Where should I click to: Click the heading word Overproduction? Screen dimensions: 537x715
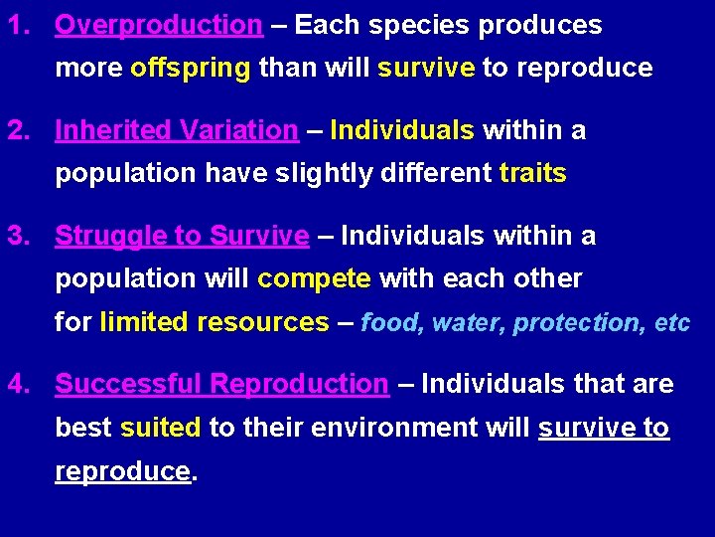(158, 25)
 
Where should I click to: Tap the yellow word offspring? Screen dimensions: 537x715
(190, 69)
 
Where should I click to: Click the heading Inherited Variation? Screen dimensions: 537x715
(176, 130)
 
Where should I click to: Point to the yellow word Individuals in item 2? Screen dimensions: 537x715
(402, 130)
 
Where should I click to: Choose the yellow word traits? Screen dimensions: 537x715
(532, 174)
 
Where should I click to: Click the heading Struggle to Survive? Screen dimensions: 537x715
(182, 236)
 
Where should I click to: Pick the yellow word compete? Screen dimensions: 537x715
(314, 279)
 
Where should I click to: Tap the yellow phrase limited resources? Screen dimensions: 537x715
(214, 323)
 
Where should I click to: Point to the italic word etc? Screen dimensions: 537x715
(672, 323)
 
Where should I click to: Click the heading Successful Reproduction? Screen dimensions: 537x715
(221, 384)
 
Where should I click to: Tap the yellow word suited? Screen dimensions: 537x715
(161, 428)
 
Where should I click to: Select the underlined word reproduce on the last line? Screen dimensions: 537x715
(122, 471)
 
